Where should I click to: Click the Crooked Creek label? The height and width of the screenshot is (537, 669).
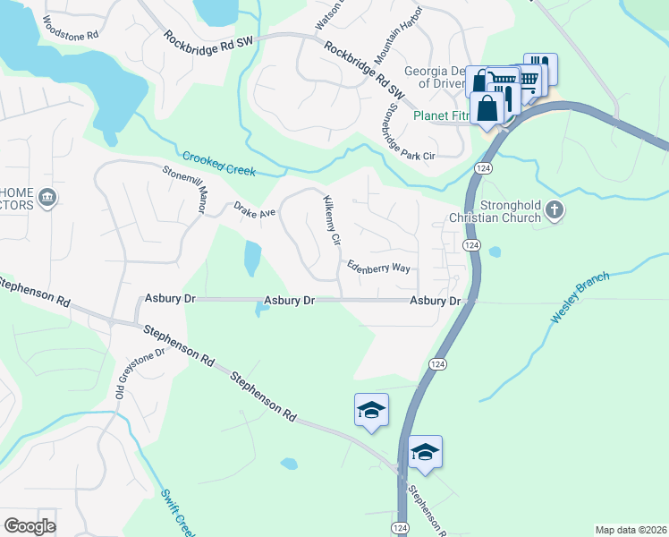(219, 164)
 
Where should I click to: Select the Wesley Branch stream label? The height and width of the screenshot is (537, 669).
(580, 298)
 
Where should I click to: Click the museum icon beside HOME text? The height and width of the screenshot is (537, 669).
(48, 198)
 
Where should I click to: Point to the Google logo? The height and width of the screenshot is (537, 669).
(30, 526)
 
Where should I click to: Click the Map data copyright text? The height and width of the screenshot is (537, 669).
(630, 530)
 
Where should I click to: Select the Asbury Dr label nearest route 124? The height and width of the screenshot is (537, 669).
(435, 302)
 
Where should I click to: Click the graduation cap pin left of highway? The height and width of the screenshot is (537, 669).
(371, 411)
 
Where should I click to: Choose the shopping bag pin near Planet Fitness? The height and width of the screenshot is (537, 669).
(488, 108)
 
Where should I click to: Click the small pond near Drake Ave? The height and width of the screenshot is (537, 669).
(252, 259)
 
